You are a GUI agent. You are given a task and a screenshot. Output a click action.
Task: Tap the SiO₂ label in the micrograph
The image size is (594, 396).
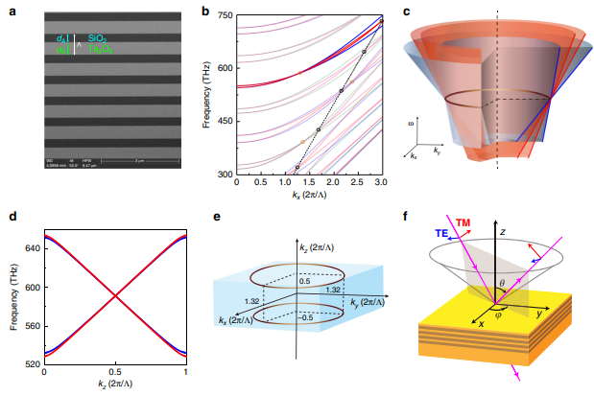tap(97, 38)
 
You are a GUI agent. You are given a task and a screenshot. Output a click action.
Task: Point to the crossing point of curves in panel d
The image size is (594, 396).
tap(115, 294)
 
